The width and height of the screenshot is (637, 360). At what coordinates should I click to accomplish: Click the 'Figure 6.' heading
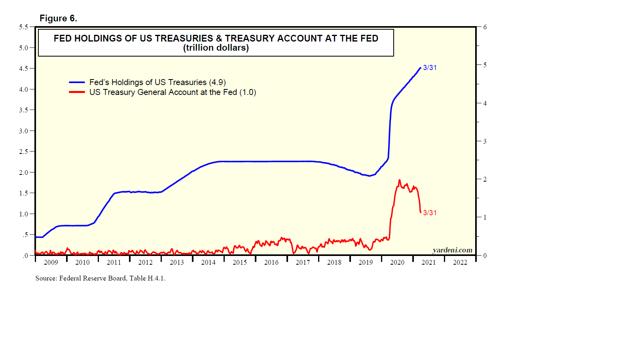pyautogui.click(x=58, y=19)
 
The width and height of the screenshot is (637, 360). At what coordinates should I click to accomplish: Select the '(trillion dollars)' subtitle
pyautogui.click(x=216, y=48)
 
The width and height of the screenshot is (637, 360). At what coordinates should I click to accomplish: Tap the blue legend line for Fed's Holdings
pyautogui.click(x=77, y=82)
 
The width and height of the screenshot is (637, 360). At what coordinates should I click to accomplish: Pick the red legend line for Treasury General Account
pyautogui.click(x=77, y=92)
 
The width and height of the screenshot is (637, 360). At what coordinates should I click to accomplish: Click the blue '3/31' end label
pyautogui.click(x=430, y=68)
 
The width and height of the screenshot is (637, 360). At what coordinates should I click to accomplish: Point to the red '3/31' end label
pyautogui.click(x=430, y=213)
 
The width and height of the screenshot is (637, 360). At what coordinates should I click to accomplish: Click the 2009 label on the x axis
pyautogui.click(x=51, y=262)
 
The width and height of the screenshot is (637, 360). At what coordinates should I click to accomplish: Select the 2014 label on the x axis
pyautogui.click(x=208, y=262)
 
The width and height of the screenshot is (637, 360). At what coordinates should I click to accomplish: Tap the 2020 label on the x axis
pyautogui.click(x=397, y=262)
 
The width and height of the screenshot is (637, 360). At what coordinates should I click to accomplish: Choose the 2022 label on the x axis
pyautogui.click(x=460, y=262)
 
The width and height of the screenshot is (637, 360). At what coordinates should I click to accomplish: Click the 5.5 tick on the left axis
pyautogui.click(x=24, y=27)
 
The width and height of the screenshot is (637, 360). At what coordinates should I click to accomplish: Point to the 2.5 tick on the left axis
pyautogui.click(x=24, y=152)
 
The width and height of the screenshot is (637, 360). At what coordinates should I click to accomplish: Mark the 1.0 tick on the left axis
pyautogui.click(x=24, y=214)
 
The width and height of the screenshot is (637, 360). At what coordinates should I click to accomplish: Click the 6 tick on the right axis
pyautogui.click(x=485, y=27)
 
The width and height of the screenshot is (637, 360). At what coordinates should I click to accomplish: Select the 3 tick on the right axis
pyautogui.click(x=485, y=141)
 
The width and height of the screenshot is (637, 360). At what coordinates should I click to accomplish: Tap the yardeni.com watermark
pyautogui.click(x=452, y=250)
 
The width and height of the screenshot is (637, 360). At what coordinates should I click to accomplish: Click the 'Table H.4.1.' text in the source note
pyautogui.click(x=147, y=278)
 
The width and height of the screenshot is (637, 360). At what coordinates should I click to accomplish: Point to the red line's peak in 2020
pyautogui.click(x=399, y=180)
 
